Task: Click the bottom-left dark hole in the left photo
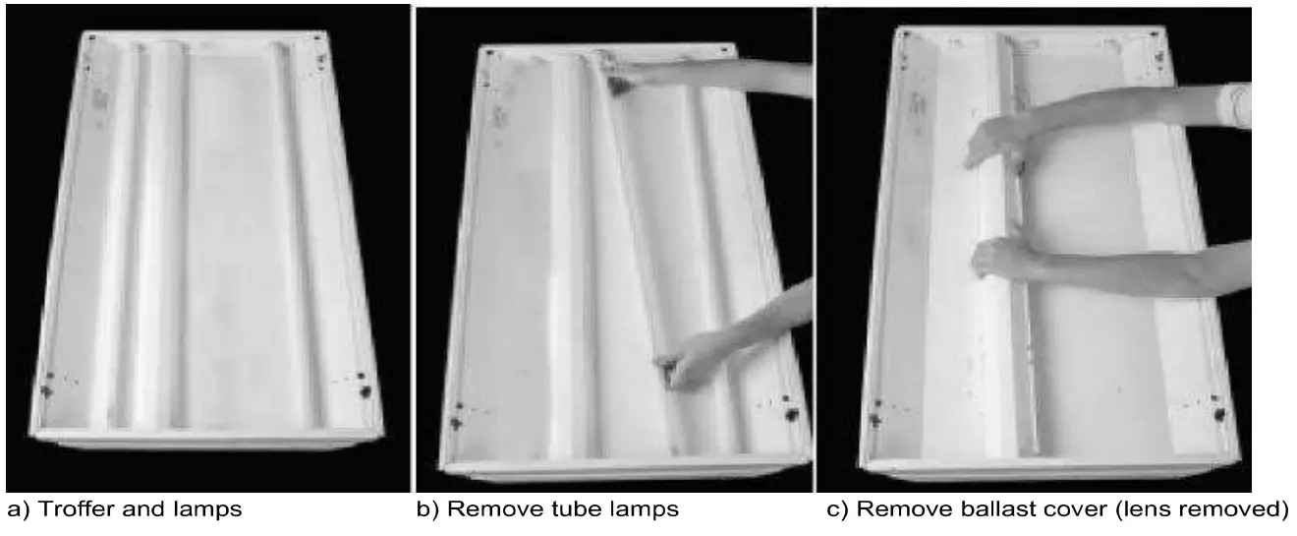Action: point(45,390)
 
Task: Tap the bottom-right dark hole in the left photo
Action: point(366,389)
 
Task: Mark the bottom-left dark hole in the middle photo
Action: point(454,422)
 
